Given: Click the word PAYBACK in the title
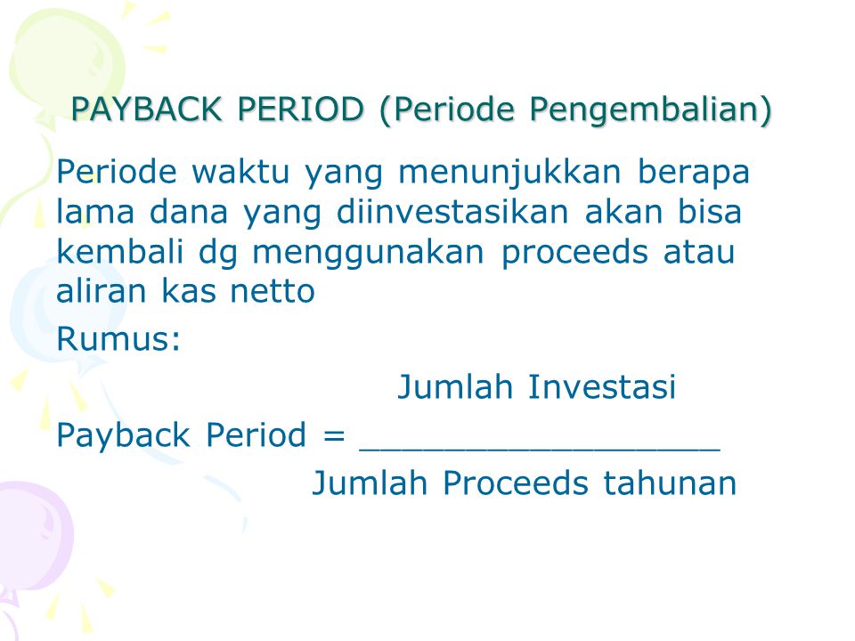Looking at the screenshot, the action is tap(146, 109).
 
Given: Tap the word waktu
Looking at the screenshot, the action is tap(240, 172).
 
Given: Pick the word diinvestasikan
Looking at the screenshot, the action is tap(452, 212).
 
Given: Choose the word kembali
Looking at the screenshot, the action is tap(120, 251).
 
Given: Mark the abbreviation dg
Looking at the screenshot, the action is tap(218, 254).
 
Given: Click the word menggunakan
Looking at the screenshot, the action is tap(368, 254).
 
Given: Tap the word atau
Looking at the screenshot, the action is tap(699, 252).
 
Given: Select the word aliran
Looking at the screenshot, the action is tap(102, 291).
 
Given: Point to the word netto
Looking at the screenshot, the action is tap(273, 292).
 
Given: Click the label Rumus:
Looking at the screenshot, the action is tap(118, 339).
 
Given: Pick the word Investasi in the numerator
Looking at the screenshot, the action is tap(602, 387).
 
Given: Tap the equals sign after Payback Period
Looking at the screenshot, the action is tap(334, 435).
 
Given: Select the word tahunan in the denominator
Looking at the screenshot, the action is tap(670, 483).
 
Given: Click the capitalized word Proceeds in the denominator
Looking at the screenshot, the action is tap(516, 483).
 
